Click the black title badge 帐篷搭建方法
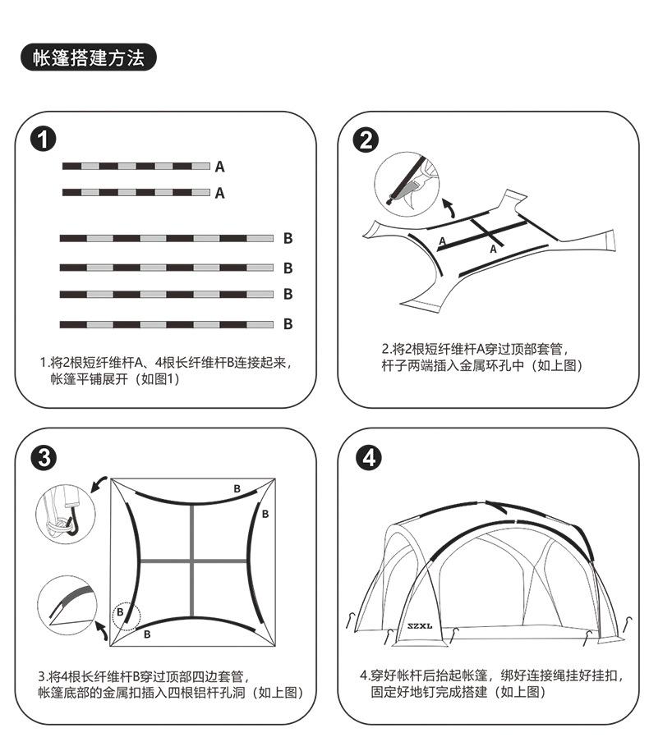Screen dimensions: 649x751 coord(89,57)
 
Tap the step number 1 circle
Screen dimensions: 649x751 coord(44,140)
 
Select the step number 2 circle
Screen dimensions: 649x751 coord(366,140)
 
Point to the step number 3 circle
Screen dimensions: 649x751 coord(44,457)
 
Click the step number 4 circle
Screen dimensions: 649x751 coord(369,458)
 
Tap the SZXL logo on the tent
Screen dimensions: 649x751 coord(420,625)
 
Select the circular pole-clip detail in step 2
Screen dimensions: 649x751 coord(407,185)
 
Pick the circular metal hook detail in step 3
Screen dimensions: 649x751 coord(66,514)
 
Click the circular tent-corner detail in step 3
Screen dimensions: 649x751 coord(67,606)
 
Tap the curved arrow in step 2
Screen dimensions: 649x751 coord(449,208)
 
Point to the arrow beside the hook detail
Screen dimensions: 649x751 coord(99,484)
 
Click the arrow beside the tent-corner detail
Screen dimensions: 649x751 coord(101,630)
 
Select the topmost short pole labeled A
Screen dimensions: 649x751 coord(136,166)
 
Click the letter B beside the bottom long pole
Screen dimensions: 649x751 coord(288,324)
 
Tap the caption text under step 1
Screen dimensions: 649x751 coord(166,371)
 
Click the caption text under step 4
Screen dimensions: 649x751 coord(492,684)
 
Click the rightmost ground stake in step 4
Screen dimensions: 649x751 coord(628,626)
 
